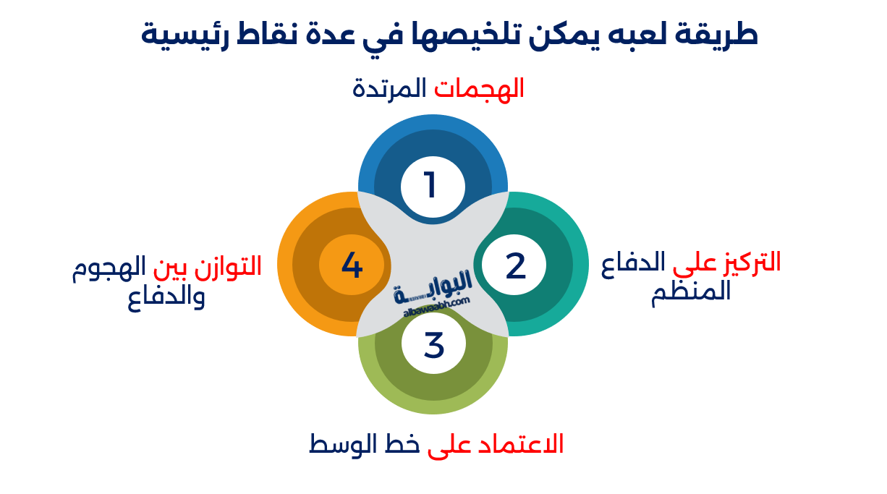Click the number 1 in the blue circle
click(x=431, y=185)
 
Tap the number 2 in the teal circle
click(x=515, y=266)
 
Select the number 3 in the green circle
click(x=433, y=345)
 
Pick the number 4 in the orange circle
click(x=352, y=265)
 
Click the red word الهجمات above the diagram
click(x=479, y=88)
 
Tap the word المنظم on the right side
click(x=691, y=293)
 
